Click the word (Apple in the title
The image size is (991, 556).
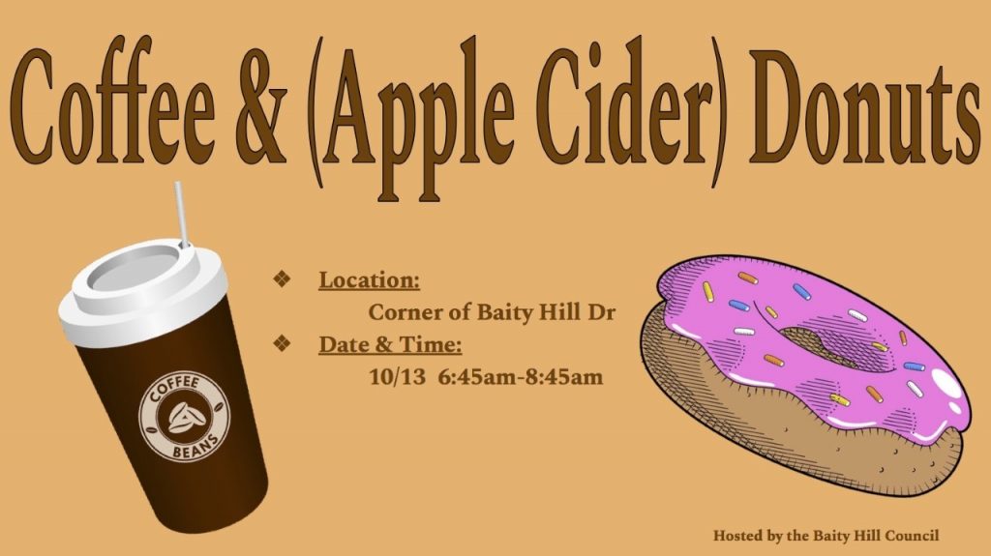click(x=410, y=117)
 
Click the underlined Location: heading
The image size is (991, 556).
click(x=369, y=279)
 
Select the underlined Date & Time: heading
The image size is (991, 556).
click(x=390, y=344)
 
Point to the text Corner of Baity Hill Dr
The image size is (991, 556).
click(x=492, y=312)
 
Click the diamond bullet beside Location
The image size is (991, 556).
click(x=282, y=278)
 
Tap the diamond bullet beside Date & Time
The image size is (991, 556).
click(x=282, y=343)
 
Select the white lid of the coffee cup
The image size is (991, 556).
click(x=142, y=292)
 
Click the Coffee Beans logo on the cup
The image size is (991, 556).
click(x=185, y=416)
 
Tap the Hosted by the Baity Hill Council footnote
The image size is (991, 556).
click(x=826, y=536)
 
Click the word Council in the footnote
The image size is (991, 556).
click(x=912, y=535)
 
